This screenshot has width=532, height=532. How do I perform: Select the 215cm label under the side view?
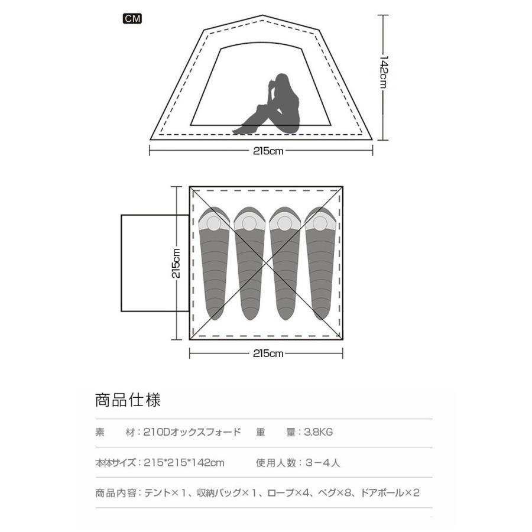pos(268,151)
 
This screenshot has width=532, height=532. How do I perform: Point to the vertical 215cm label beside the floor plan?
pos(176,262)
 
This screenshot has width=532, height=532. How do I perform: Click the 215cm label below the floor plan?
pos(268,354)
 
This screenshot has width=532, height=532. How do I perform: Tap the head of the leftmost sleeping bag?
pos(215,222)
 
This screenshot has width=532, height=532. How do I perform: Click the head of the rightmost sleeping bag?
pos(320,222)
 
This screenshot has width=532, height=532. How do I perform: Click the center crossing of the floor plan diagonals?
pos(267,263)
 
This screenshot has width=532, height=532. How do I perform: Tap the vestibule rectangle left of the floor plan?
pos(155,263)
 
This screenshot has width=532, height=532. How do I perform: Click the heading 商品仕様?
pos(128,400)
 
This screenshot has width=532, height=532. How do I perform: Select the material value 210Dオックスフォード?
pos(192,432)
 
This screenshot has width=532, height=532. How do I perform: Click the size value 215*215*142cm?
pos(184,463)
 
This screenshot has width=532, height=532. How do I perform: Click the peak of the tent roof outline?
pos(262,16)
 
